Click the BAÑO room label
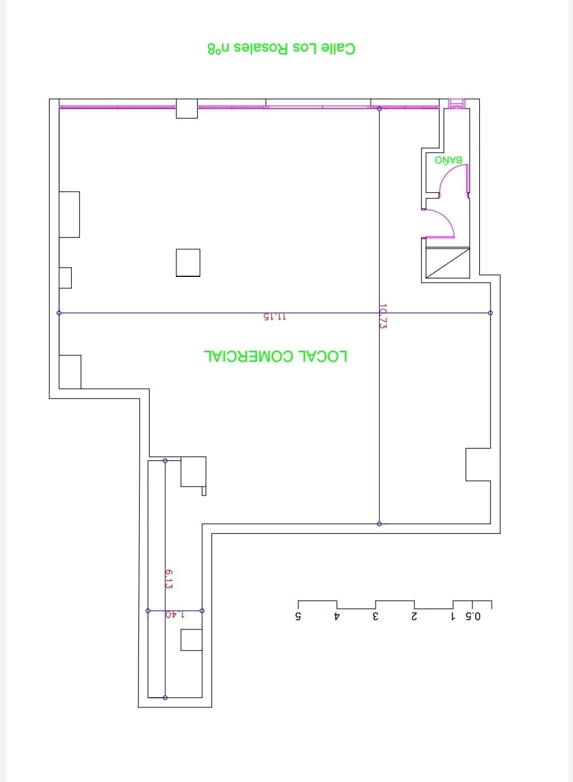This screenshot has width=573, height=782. click(448, 160)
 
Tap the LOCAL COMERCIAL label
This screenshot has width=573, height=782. click(276, 356)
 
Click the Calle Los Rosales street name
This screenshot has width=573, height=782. click(281, 49)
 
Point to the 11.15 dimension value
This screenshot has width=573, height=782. click(275, 317)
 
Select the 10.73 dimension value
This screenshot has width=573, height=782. click(383, 316)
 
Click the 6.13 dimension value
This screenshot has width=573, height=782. click(169, 579)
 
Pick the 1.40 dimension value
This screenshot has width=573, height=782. click(175, 614)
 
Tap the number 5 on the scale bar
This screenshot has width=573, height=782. click(298, 616)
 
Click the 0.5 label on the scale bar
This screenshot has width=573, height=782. click(473, 616)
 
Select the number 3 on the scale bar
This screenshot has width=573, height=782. click(375, 616)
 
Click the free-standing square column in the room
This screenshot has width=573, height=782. click(188, 263)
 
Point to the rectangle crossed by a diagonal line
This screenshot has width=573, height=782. click(448, 263)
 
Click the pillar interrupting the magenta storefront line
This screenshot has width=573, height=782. click(187, 108)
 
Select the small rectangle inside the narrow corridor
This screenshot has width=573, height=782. click(192, 640)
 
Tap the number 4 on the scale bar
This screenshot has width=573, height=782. click(337, 616)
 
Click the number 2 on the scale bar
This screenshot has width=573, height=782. click(414, 616)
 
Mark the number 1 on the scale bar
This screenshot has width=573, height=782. click(453, 616)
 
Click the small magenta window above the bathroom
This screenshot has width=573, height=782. click(457, 104)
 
